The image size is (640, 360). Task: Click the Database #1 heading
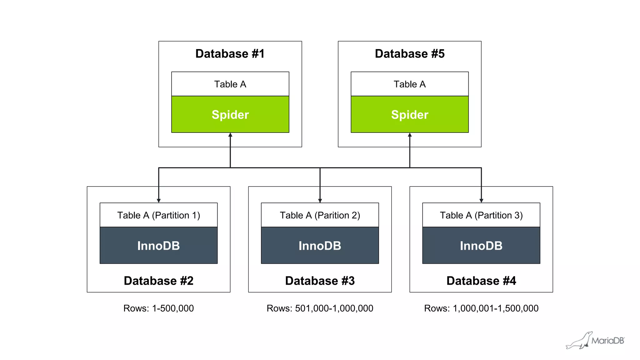tap(230, 54)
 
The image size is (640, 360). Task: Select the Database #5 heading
tap(409, 54)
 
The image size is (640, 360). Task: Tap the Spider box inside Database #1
tap(230, 114)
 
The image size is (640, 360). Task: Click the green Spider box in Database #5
tap(409, 114)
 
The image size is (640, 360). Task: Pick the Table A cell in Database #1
tap(230, 84)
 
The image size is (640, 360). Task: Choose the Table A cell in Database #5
tap(409, 84)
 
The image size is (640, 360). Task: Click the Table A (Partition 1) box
tap(158, 215)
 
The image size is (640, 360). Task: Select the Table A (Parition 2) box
tap(320, 215)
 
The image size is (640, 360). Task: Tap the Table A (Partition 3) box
tap(481, 215)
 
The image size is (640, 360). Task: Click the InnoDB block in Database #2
tap(158, 246)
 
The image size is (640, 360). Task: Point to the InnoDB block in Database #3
tap(320, 246)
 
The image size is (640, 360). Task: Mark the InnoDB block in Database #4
tap(481, 246)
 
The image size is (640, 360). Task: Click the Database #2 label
tap(158, 281)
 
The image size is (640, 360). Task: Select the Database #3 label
tap(320, 281)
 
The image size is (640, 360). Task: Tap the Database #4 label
tap(481, 281)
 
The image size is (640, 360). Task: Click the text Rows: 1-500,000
tap(158, 308)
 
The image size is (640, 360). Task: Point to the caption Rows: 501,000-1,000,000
tap(320, 308)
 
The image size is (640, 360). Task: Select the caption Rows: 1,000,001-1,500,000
tap(481, 308)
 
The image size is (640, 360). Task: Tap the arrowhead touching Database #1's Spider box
tap(230, 135)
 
